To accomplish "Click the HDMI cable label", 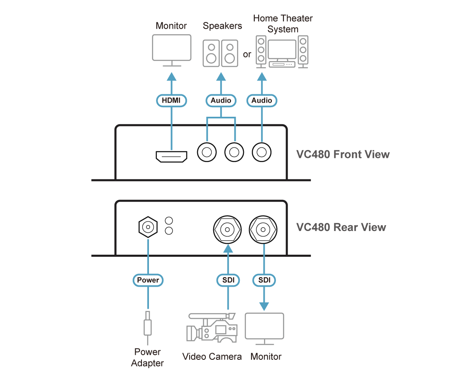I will pyautogui.click(x=171, y=100).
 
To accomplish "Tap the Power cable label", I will pyautogui.click(x=148, y=280).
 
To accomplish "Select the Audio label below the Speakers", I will pyautogui.click(x=221, y=100).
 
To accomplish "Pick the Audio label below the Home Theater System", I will pyautogui.click(x=262, y=100).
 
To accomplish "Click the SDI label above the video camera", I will pyautogui.click(x=228, y=280).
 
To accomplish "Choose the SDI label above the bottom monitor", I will pyautogui.click(x=264, y=280).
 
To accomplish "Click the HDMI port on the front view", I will pyautogui.click(x=171, y=157).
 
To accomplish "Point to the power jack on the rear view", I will pyautogui.click(x=148, y=227).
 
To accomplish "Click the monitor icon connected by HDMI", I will pyautogui.click(x=171, y=50).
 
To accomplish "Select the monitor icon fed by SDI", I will pyautogui.click(x=265, y=328).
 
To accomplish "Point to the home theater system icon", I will pyautogui.click(x=282, y=52).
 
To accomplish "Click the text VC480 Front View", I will pyautogui.click(x=343, y=155).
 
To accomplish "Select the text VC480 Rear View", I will pyautogui.click(x=341, y=227).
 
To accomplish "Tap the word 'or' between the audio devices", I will pyautogui.click(x=247, y=54).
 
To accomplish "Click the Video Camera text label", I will pyautogui.click(x=212, y=356).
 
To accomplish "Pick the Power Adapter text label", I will pyautogui.click(x=148, y=357).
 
